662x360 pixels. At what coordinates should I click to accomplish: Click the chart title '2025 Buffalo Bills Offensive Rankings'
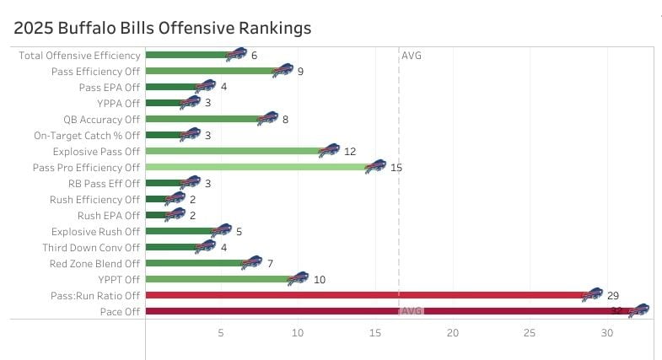(163, 28)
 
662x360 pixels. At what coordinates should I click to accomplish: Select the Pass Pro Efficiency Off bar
(257, 167)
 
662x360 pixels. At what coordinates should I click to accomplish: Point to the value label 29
(613, 295)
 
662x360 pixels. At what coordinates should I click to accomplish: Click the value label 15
(396, 167)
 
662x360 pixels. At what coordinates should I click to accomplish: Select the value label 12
(350, 151)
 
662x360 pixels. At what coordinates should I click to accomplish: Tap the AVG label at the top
(412, 56)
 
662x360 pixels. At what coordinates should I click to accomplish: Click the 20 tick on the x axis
(453, 334)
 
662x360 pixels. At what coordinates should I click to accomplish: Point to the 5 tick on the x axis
(221, 334)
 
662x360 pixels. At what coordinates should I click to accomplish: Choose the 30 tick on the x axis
(607, 334)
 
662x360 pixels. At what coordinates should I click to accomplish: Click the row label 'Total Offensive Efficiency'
(79, 56)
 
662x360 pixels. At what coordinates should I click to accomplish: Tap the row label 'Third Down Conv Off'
(92, 247)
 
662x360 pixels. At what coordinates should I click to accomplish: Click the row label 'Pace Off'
(121, 311)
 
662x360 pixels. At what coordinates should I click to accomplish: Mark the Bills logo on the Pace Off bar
(638, 310)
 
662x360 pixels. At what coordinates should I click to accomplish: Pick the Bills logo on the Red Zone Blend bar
(251, 263)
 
